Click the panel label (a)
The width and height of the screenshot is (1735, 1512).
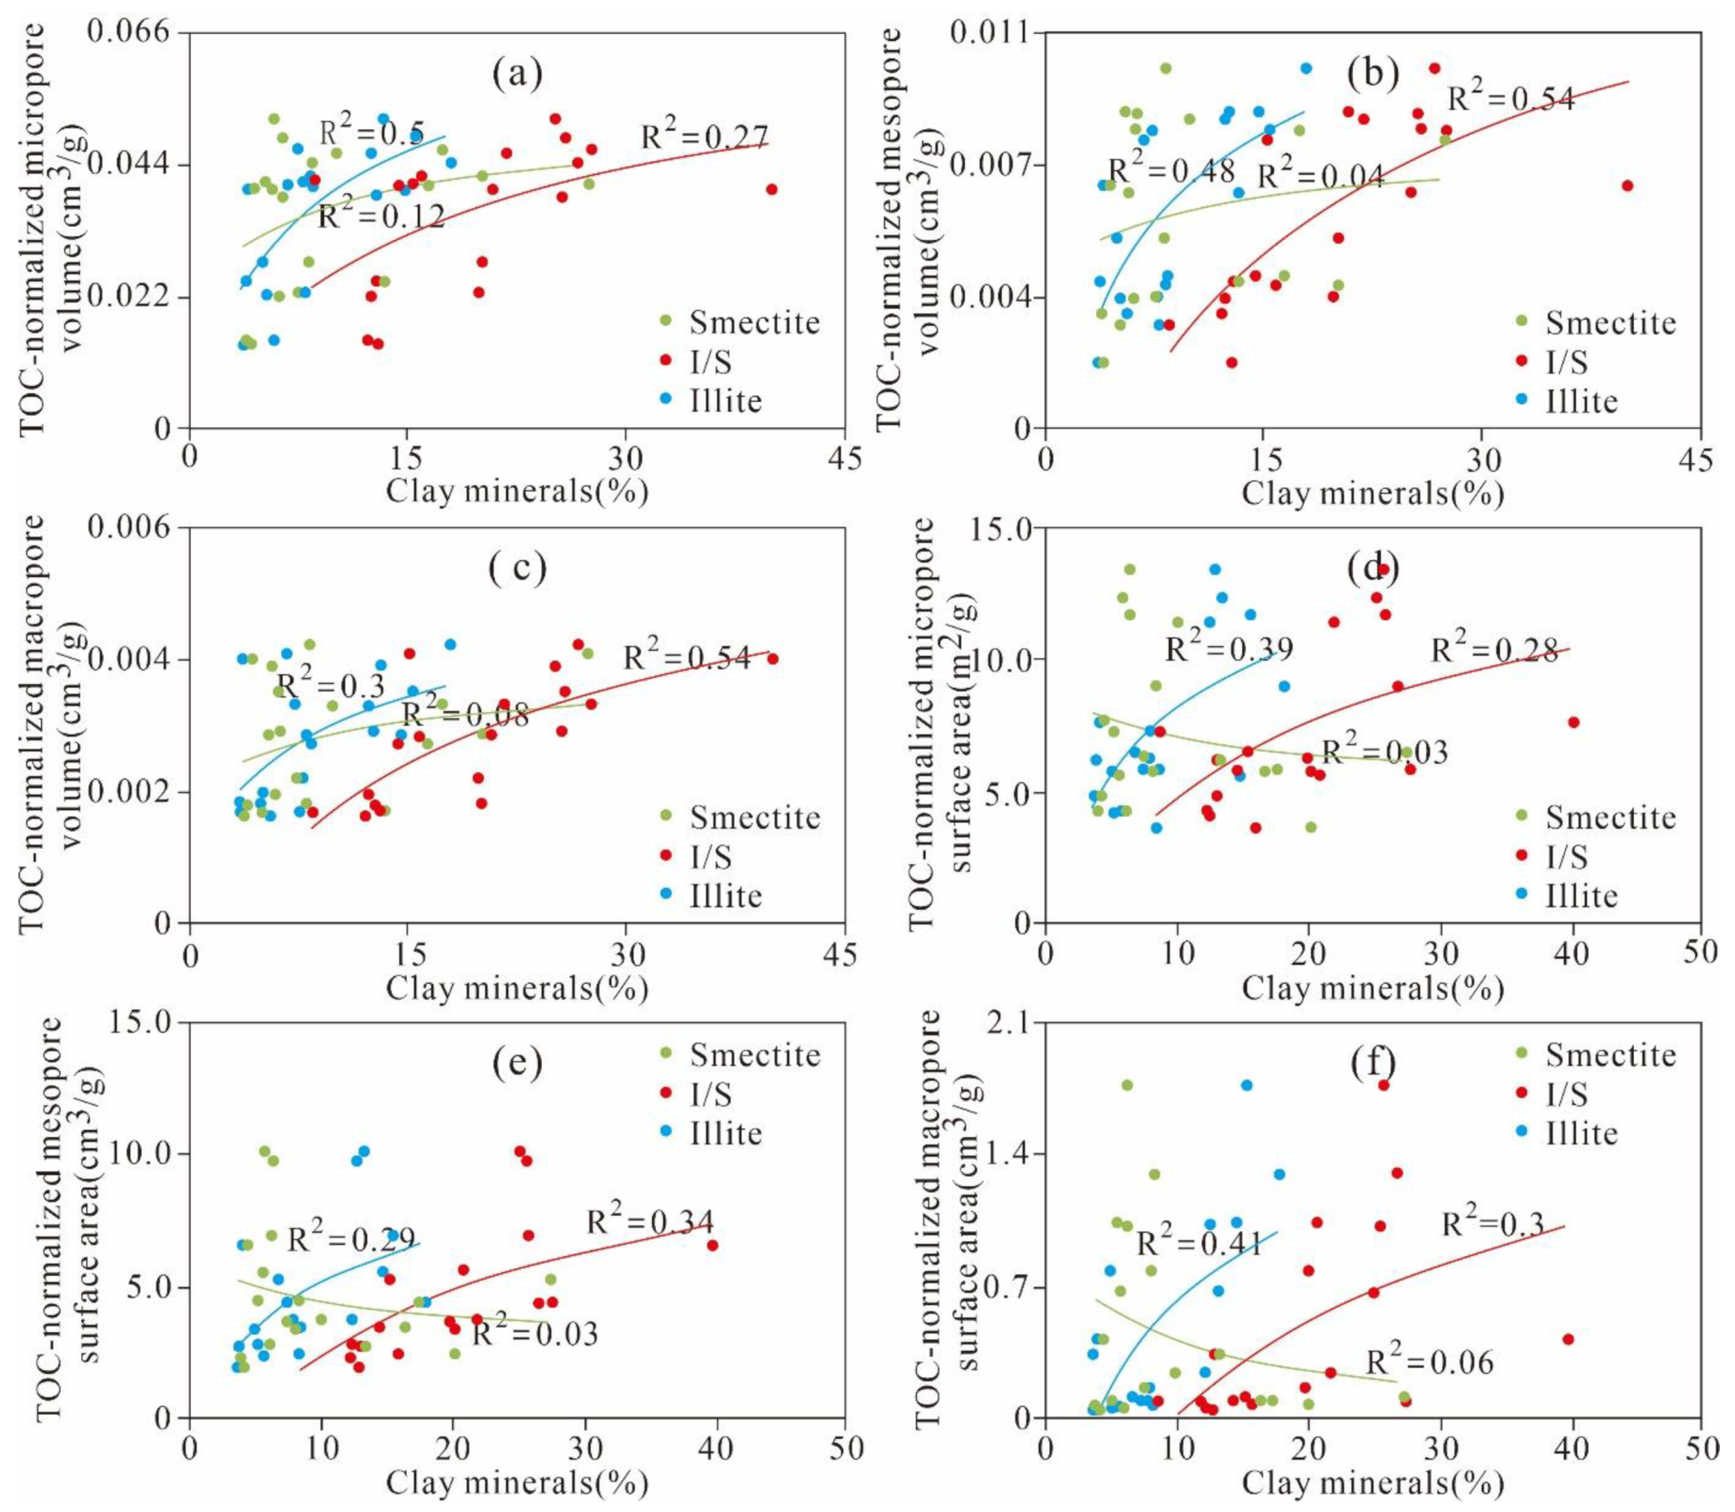[x=517, y=75]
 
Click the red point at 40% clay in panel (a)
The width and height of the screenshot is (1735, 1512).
[x=772, y=189]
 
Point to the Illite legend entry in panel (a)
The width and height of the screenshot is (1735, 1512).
[x=725, y=400]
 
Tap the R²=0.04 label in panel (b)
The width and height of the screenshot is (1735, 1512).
[x=1320, y=177]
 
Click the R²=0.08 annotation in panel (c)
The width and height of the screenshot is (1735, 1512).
[x=465, y=714]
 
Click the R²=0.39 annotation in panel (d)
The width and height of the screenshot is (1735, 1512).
[x=1228, y=648]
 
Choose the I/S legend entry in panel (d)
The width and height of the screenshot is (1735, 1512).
[x=1567, y=857]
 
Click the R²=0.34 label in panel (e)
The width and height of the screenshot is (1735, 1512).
[x=650, y=1221]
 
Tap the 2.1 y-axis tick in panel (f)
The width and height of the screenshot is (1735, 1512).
[x=1007, y=1022]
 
